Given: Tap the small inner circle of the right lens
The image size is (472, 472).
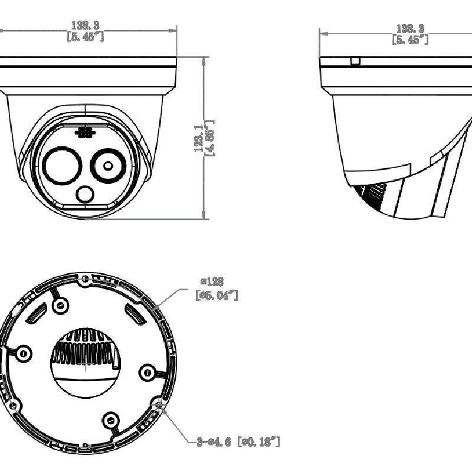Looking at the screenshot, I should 107,166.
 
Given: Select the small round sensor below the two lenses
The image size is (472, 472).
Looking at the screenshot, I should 86,194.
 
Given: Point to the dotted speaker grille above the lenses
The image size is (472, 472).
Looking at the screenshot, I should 85,133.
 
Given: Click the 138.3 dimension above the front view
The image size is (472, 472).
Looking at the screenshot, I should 84,25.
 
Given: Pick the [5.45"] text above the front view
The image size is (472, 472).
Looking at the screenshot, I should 84,37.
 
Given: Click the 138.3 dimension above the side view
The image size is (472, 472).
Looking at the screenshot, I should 410,28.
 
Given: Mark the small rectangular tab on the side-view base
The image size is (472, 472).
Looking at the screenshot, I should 355,60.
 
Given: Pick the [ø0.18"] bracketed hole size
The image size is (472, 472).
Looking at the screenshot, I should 257,441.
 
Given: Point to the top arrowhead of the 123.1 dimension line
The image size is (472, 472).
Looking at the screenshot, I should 204,60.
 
